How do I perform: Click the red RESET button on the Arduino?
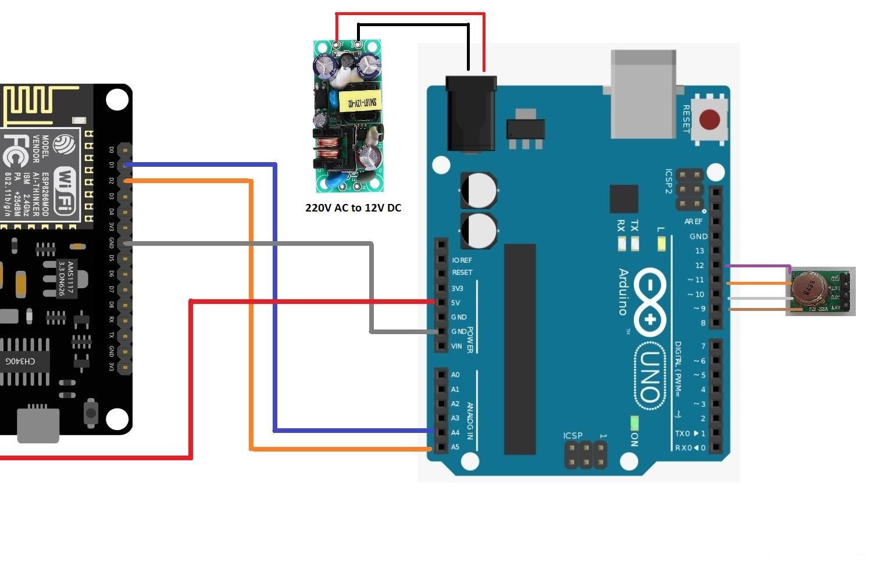[x=709, y=120]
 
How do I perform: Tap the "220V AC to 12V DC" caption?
[x=353, y=207]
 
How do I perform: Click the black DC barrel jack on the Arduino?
[x=470, y=113]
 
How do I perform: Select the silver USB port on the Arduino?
[x=643, y=94]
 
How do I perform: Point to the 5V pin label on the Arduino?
[x=456, y=302]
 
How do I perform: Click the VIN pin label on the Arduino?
[x=456, y=346]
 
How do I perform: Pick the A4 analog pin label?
[x=455, y=432]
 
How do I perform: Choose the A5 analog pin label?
[x=455, y=447]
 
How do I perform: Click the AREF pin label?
[x=693, y=221]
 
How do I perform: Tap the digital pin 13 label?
[x=699, y=251]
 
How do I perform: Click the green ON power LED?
[x=634, y=423]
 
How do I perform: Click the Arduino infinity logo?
[x=650, y=303]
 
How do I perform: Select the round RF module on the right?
[x=808, y=288]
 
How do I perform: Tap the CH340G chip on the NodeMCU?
[x=21, y=361]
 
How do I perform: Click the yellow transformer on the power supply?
[x=361, y=103]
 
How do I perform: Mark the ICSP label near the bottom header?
[x=573, y=435]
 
